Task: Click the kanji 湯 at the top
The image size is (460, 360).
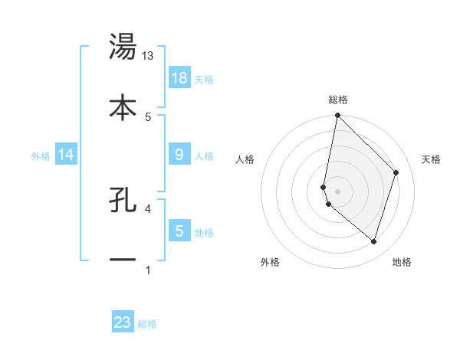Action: pos(123,47)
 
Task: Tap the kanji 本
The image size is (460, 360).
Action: pos(123,107)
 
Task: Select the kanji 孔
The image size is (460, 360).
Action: pos(123,199)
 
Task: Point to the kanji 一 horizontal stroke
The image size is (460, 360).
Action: pos(123,260)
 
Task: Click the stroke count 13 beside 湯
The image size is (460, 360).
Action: pos(148,55)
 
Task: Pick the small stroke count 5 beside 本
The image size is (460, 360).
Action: pos(148,116)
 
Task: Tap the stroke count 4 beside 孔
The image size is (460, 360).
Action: pos(148,208)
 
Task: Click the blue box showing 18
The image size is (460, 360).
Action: pos(179,77)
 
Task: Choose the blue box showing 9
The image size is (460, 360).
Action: pos(179,155)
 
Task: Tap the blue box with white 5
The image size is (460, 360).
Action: pos(179,231)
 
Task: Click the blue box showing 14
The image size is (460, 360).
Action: pos(66,155)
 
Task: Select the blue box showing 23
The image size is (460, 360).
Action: pos(123,322)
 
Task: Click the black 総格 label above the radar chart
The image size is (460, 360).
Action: pos(338,100)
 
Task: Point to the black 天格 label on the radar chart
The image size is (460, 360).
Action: pos(432,159)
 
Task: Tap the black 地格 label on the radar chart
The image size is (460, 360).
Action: pos(402,263)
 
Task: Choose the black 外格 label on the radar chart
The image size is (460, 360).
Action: pos(270,263)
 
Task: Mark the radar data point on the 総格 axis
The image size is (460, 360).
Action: pos(337,116)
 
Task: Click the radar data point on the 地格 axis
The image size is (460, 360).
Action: pos(373,241)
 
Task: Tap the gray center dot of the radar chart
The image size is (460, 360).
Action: pos(337,191)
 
